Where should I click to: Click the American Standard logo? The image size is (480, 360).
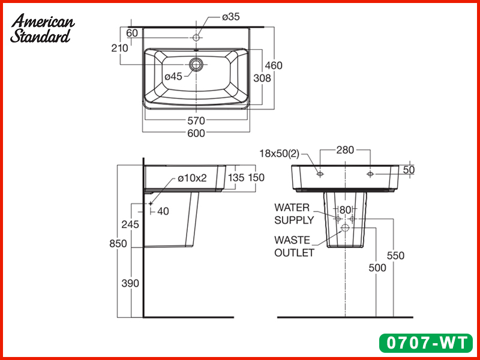[42, 29]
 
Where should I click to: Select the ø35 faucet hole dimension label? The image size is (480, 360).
[231, 17]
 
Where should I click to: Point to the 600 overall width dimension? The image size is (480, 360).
[196, 133]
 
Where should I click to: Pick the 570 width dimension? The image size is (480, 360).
[196, 120]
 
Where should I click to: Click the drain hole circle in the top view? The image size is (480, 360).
[196, 64]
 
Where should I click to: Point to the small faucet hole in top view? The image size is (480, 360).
[196, 38]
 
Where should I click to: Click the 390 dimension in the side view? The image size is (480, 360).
[130, 283]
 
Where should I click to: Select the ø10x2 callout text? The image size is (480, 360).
[192, 178]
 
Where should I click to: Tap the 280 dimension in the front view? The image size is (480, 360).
[345, 150]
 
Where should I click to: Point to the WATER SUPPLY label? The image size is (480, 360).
[294, 214]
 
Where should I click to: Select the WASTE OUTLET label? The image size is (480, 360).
[294, 246]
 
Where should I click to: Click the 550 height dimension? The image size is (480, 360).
[395, 256]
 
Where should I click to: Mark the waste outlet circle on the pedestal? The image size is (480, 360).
[345, 229]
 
